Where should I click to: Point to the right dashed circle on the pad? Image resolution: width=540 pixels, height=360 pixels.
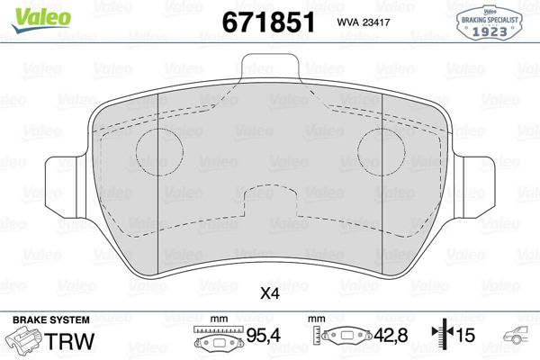click(x=381, y=146)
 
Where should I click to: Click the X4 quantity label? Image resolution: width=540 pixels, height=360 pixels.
click(x=269, y=292)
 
